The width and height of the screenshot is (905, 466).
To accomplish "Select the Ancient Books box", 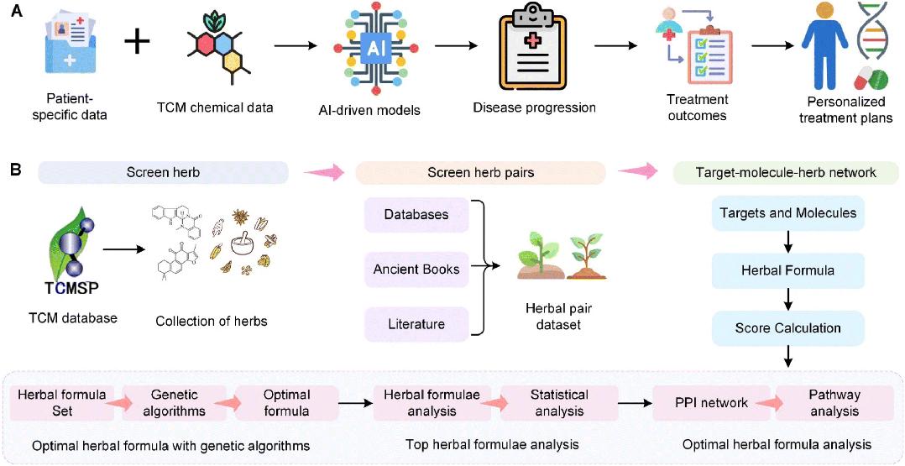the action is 416,269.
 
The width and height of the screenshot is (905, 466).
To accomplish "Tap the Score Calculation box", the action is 787,328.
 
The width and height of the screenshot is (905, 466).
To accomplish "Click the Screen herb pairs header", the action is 480,172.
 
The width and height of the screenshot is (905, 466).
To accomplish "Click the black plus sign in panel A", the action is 138,44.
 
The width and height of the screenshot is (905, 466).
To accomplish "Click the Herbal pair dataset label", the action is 552,318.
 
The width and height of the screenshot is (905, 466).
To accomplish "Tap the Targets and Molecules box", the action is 787,213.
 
